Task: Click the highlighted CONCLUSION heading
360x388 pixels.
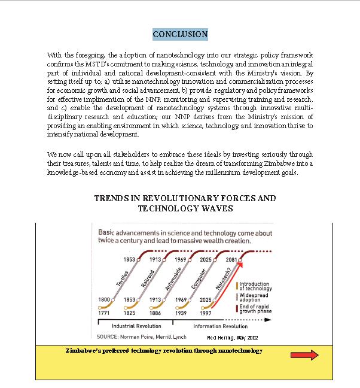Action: coord(180,34)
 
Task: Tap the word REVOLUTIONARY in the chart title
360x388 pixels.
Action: coord(181,198)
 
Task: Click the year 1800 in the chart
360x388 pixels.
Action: coord(103,299)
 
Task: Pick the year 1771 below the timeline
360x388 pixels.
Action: coord(103,312)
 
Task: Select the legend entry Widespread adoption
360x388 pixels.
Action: coord(255,297)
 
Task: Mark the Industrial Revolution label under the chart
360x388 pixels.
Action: coord(136,326)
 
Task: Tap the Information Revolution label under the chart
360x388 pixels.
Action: coord(220,326)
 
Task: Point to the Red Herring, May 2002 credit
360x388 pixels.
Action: coord(233,338)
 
